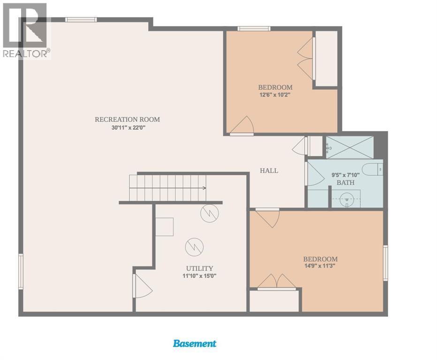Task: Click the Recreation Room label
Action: tap(128, 120)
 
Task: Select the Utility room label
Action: tap(200, 268)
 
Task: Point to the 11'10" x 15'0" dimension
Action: tap(200, 276)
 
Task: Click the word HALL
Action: tap(269, 171)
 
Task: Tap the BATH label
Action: tap(346, 182)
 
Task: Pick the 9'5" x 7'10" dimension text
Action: tap(346, 175)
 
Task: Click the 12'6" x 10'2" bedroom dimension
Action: tap(275, 95)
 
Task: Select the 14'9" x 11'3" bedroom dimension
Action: tap(320, 266)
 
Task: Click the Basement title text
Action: tap(195, 343)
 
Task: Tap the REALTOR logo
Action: tap(26, 30)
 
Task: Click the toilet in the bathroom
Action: tap(372, 169)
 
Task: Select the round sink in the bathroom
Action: tap(347, 200)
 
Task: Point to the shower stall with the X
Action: tap(349, 147)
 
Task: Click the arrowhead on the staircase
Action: tap(204, 188)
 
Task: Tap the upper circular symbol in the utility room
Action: tap(210, 213)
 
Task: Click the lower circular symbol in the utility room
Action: tap(194, 247)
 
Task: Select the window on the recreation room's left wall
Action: tap(21, 271)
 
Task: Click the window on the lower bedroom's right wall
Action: tap(385, 263)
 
